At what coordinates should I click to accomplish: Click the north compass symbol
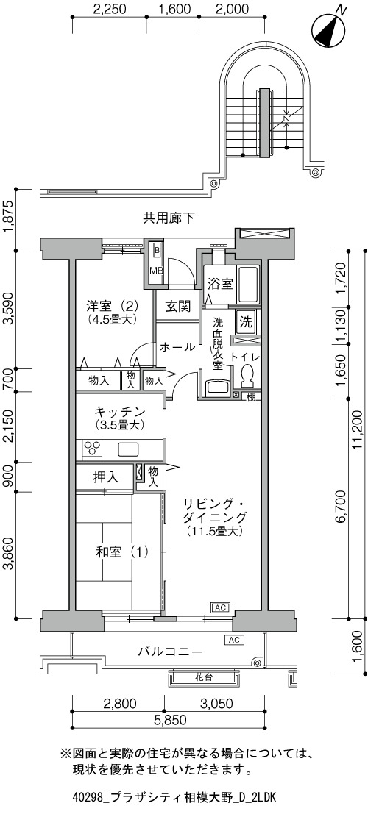pos(328,29)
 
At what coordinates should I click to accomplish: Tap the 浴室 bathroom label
pos(219,284)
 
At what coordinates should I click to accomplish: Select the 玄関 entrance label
pos(178,306)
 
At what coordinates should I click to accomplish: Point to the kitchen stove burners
pos(93,449)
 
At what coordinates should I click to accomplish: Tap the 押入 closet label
pos(106,477)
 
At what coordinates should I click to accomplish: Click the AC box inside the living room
pos(220,607)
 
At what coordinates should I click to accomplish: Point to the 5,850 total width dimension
pos(168,720)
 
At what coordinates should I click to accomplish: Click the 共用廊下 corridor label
pos(169,218)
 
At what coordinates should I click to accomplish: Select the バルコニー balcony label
pos(170,652)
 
